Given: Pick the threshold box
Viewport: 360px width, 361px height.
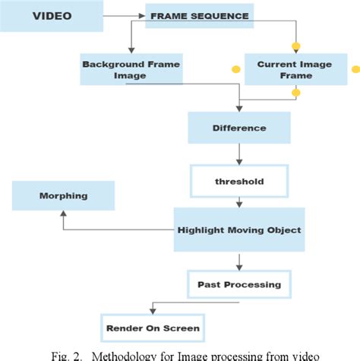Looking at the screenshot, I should click(239, 182).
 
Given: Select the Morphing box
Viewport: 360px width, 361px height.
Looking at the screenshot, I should click(63, 195).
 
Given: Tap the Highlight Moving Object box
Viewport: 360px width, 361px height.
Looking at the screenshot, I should click(239, 230).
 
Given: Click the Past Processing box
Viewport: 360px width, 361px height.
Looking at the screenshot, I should click(239, 284).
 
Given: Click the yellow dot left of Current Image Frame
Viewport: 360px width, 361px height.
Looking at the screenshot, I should click(235, 69).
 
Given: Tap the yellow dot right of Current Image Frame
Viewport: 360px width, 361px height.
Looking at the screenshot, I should click(355, 69).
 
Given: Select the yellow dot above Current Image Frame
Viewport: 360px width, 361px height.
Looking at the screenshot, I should click(295, 45).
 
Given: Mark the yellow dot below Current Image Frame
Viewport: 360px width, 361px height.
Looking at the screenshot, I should click(295, 93).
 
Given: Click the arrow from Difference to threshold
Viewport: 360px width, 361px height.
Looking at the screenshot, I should click(239, 156).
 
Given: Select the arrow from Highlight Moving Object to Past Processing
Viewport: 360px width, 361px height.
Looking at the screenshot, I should click(239, 261).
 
